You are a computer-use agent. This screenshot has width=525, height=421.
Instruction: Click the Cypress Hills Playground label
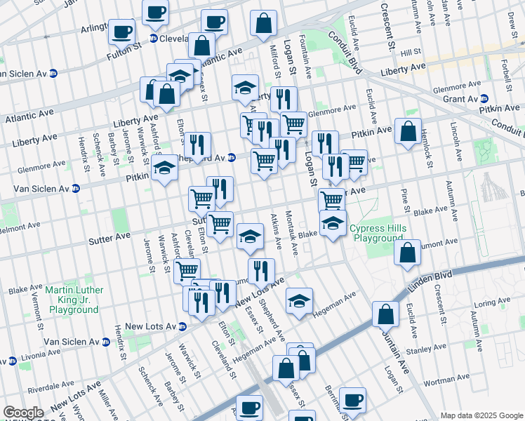tap(378, 234)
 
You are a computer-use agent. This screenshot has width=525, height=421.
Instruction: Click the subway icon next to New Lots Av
tap(182, 326)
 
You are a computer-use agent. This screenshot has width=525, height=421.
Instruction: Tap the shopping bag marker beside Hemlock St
tap(408, 131)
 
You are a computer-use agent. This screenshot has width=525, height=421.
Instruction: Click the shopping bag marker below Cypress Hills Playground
tap(407, 252)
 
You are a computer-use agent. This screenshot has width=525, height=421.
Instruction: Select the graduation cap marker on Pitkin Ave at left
tap(165, 168)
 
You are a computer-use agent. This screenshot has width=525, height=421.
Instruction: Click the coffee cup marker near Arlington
tap(122, 32)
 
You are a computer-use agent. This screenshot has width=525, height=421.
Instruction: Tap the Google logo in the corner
tap(23, 413)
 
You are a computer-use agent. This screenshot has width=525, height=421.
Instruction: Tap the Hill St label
tap(410, 51)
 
